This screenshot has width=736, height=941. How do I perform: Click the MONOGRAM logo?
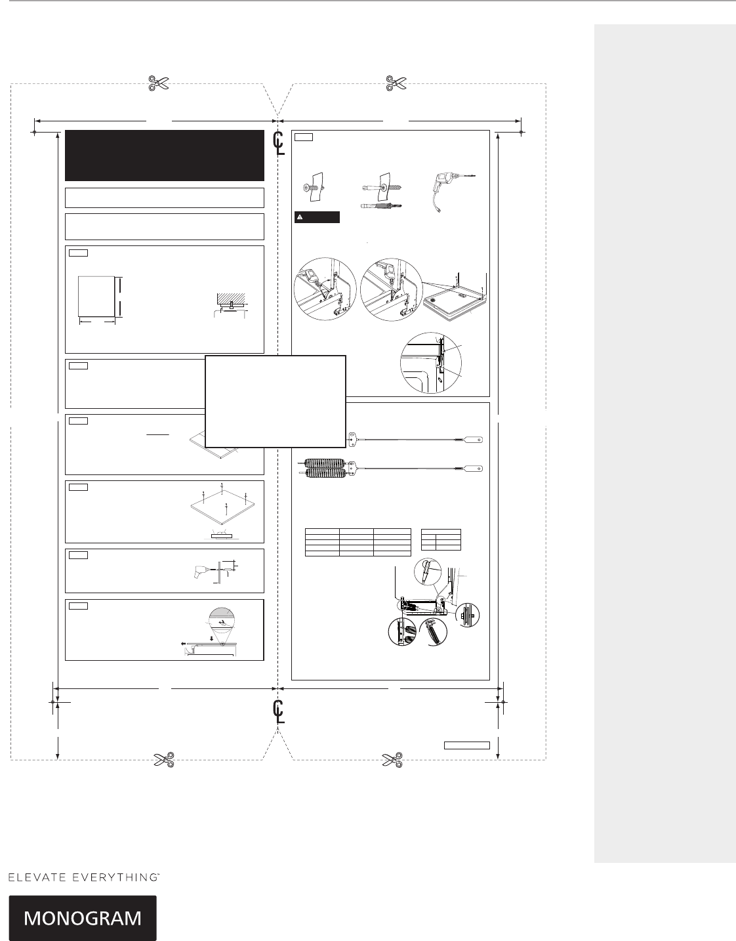tap(83, 917)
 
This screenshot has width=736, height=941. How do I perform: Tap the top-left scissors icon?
tap(158, 83)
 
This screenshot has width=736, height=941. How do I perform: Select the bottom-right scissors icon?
tap(392, 760)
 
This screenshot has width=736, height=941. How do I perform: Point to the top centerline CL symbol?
tap(279, 143)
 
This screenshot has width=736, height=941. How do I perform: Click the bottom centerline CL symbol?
tap(279, 711)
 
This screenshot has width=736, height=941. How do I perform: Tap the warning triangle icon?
tap(300, 217)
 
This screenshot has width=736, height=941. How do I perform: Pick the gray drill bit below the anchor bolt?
tap(382, 206)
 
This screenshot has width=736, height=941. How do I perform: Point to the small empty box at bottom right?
tap(467, 745)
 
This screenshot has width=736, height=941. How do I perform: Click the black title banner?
tap(165, 155)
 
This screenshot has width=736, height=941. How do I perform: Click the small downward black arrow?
tap(211, 638)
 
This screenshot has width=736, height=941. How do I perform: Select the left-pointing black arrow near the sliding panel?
tap(190, 644)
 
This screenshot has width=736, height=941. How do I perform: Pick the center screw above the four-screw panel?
tap(222, 488)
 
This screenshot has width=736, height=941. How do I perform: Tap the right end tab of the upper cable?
tap(474, 440)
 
